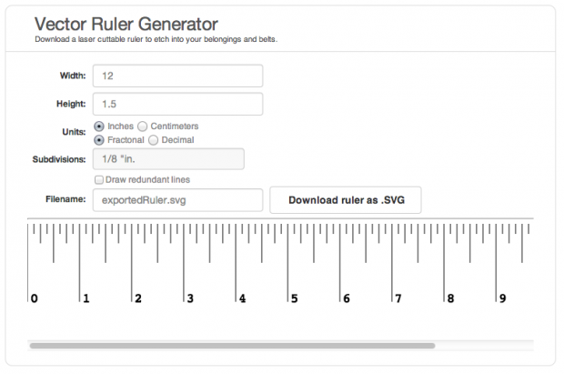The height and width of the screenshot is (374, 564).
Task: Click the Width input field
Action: [177, 76]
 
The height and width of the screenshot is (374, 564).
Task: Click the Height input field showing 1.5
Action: [177, 104]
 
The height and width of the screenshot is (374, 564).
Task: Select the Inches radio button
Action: [98, 126]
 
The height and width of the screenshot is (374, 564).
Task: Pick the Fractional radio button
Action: [98, 140]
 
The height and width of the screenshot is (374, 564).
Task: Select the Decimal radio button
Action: [153, 140]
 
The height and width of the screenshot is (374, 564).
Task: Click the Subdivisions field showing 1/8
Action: [168, 159]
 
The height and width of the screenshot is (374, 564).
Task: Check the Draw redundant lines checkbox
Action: [98, 179]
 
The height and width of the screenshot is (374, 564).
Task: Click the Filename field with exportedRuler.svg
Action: [177, 200]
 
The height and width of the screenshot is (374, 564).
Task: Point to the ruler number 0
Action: [35, 298]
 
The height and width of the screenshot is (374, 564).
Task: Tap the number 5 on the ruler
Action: [294, 298]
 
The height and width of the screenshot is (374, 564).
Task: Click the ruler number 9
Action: [501, 298]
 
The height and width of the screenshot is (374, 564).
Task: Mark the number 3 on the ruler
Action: [190, 298]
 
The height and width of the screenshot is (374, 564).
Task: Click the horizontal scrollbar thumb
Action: [232, 346]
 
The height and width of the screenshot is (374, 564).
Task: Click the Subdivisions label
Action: [59, 159]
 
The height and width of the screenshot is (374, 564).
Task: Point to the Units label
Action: [72, 132]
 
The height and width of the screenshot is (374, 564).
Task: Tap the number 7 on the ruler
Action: [398, 298]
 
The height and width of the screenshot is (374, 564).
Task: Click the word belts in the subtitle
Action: [266, 40]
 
